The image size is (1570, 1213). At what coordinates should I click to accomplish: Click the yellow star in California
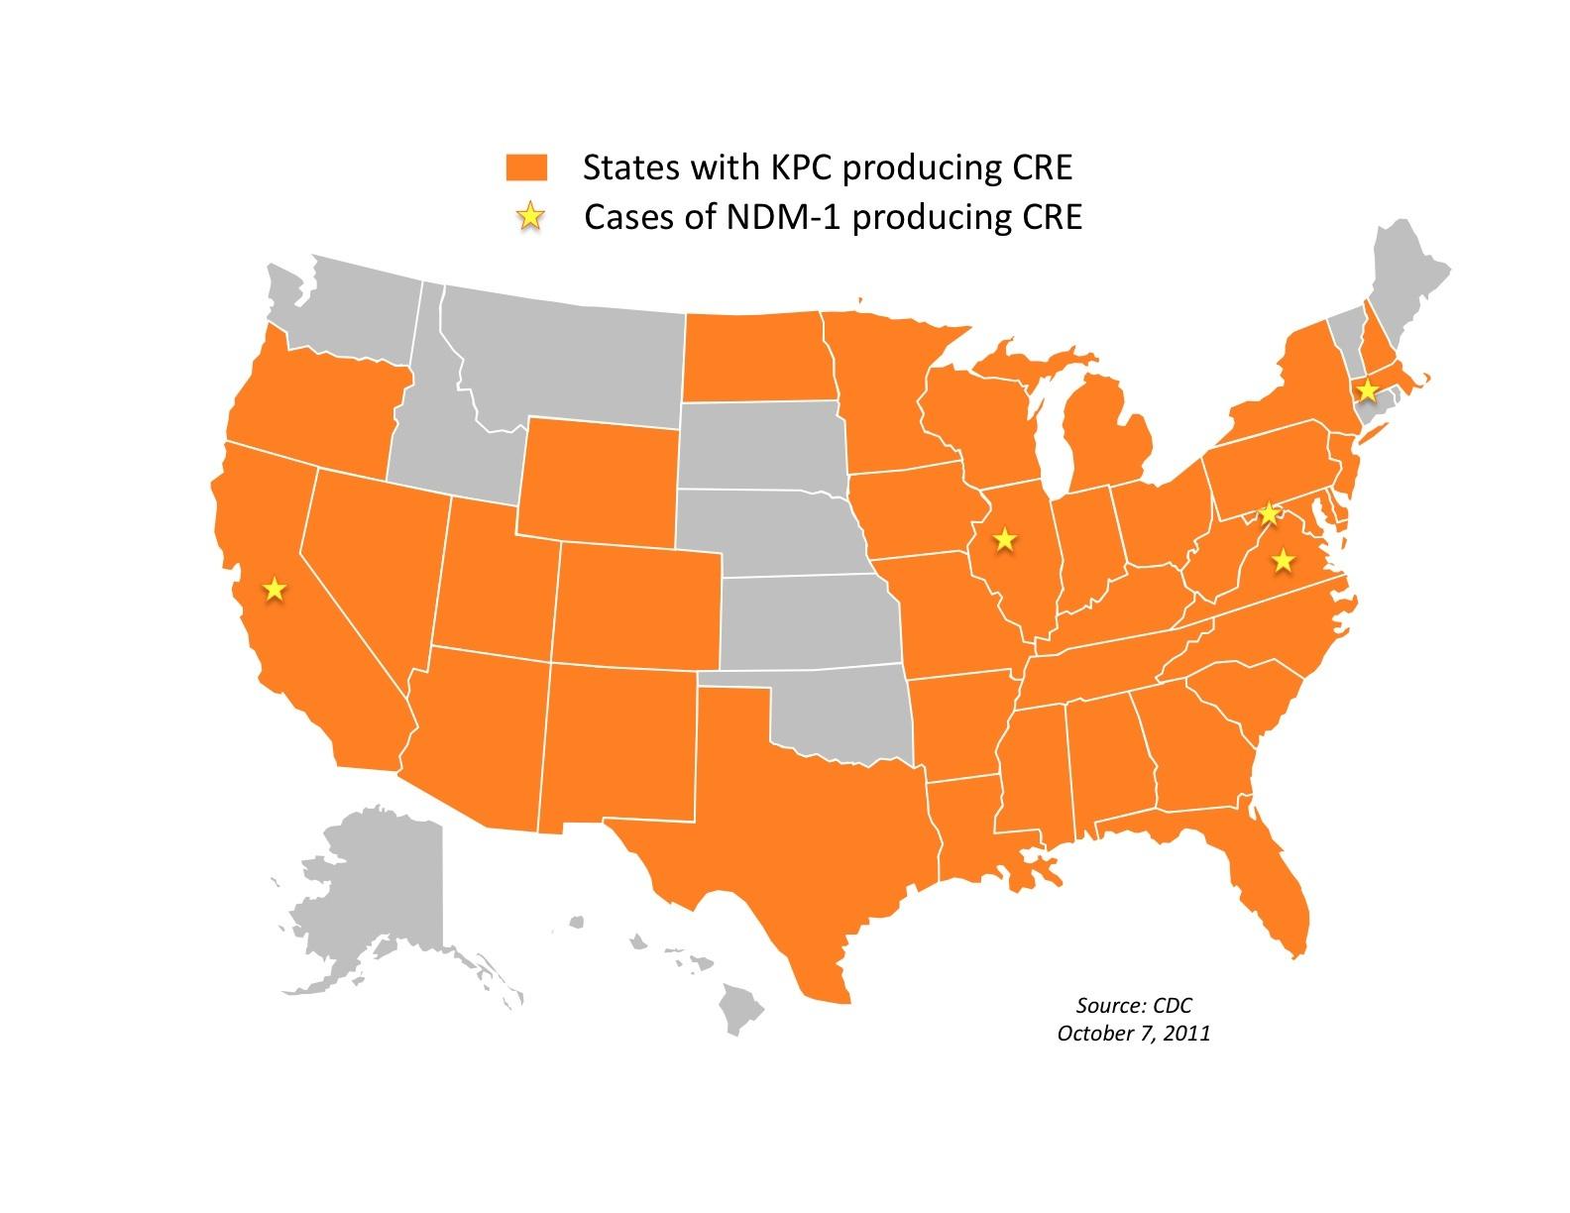(x=275, y=590)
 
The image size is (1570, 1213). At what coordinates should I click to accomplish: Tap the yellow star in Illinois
(x=1005, y=539)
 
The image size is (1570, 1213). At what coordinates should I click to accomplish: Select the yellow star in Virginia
(x=1284, y=560)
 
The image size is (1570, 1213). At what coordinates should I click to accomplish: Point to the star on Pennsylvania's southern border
(x=1268, y=513)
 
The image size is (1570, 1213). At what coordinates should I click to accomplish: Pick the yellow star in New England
(x=1367, y=389)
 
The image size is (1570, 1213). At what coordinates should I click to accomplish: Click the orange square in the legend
(x=526, y=167)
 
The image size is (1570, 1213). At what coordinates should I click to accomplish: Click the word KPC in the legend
(x=798, y=167)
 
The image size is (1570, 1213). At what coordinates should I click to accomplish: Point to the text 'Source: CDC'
(x=1133, y=1005)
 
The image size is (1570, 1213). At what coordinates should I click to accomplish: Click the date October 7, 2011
(x=1133, y=1033)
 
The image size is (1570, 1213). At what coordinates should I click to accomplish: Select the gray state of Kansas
(x=808, y=619)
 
